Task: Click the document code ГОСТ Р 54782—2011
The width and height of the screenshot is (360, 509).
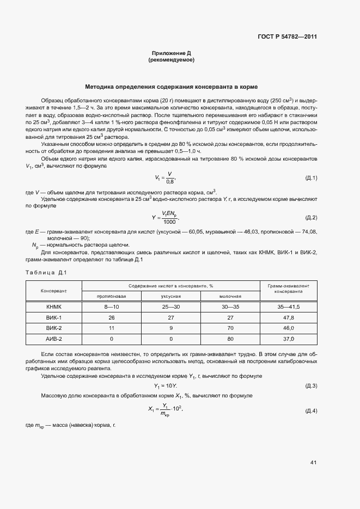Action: [287, 37]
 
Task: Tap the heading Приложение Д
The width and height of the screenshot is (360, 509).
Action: [171, 53]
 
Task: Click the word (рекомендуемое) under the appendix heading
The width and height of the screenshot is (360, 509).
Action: [171, 60]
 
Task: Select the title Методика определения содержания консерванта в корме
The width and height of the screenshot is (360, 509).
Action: [171, 87]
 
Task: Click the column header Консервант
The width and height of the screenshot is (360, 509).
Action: [53, 291]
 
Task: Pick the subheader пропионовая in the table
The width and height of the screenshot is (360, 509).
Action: [111, 296]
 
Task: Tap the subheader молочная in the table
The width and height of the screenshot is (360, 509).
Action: [230, 296]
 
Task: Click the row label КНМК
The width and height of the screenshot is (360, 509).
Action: [53, 307]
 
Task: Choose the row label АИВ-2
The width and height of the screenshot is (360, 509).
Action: [53, 339]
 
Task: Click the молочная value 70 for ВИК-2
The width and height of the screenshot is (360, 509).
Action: [230, 328]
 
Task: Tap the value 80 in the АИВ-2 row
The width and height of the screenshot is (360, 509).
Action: [230, 339]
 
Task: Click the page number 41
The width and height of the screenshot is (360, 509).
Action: [313, 463]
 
